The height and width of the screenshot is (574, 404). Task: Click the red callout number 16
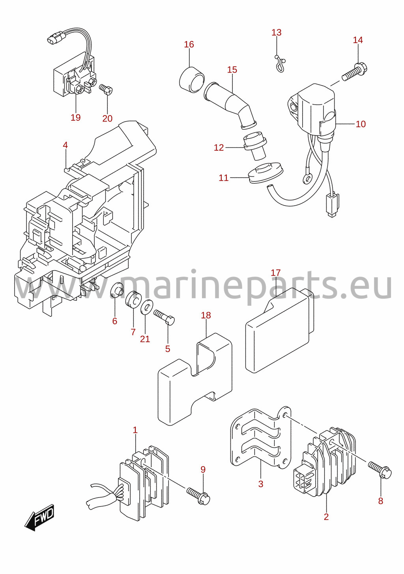coord(189,44)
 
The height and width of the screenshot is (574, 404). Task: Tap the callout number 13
coord(276,32)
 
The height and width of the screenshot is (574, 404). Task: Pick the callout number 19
coord(76,117)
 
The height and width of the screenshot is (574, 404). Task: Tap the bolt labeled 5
coord(164,317)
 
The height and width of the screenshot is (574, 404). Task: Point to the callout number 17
coord(276,272)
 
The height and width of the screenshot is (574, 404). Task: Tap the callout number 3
coord(261,484)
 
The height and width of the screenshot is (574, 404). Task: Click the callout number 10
coord(361,124)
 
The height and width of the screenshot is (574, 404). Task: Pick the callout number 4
coord(65,145)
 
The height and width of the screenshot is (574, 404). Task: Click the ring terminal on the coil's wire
coord(306,179)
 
